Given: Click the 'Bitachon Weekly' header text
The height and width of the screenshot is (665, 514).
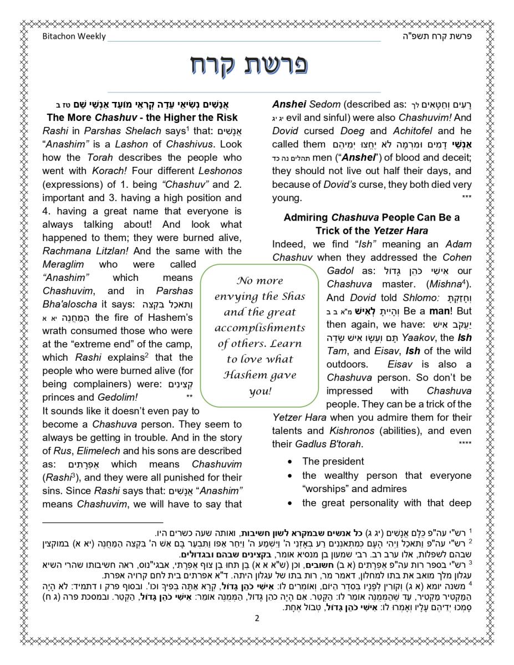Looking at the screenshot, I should click(74, 37).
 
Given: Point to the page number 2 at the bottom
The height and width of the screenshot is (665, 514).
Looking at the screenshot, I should click(257, 618).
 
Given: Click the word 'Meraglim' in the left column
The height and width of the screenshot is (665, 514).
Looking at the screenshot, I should click(61, 264).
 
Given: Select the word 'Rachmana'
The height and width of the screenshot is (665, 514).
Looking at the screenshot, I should click(66, 251).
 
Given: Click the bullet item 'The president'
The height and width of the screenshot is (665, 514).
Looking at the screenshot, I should click(333, 461).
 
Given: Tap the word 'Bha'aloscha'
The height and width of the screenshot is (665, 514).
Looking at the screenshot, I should click(71, 304).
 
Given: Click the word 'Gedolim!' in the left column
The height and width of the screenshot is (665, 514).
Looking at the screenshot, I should click(118, 397).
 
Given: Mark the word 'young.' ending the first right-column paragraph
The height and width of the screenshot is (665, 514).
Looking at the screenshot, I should click(287, 198).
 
